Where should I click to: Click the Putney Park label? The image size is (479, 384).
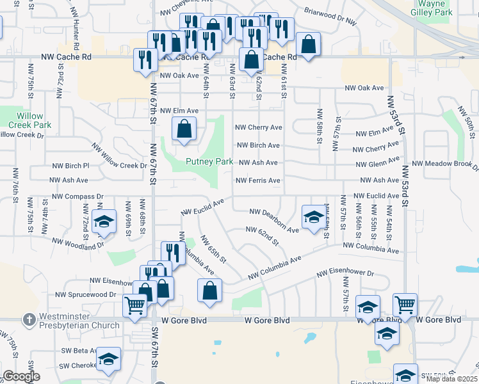coord(209,162)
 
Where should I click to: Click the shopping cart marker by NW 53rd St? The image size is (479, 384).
coord(405,305)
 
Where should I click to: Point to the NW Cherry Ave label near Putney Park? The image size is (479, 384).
coord(259,127)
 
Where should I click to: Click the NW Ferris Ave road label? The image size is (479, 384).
coord(258,180)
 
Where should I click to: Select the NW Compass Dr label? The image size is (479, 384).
coord(77,196)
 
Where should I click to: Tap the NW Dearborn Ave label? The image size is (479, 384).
coord(274,220)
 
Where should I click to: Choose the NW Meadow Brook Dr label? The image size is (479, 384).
coord(445,165)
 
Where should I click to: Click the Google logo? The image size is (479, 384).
coord(21,376)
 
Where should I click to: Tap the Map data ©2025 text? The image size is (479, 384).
coord(451,378)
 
